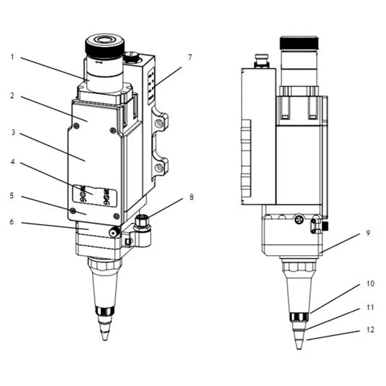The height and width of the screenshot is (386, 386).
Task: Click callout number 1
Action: [x=12, y=57]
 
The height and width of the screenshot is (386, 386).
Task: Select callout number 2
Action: [x=12, y=96]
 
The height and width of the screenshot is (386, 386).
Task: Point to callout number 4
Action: [x=12, y=163]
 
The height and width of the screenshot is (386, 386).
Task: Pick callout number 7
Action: [x=190, y=57]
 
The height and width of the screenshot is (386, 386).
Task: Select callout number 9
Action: [x=368, y=233]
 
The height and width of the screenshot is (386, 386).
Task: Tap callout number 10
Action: [x=370, y=283]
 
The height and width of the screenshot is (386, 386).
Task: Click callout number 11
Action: [x=370, y=308]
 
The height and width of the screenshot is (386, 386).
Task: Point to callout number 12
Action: [x=370, y=330]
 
